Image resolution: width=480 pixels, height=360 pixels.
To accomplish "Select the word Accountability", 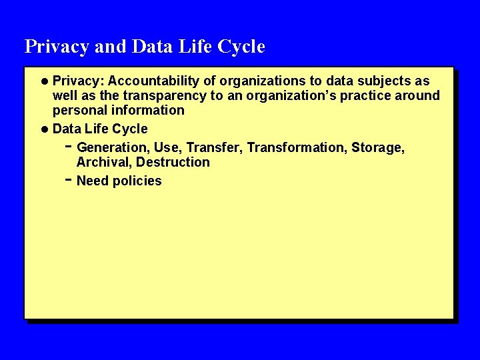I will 153,81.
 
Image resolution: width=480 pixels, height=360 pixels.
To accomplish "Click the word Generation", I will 113,147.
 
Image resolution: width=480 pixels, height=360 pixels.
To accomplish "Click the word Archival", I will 105,162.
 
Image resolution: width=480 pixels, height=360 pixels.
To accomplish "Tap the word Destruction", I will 173,162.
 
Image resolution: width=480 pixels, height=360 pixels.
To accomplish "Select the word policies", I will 138,181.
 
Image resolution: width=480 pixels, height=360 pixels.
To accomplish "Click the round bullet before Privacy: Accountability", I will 44,81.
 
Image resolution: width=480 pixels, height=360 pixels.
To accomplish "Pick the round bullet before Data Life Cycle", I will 44,129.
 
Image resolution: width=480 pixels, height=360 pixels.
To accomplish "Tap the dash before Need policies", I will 69,180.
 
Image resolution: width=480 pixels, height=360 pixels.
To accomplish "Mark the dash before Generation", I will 69,146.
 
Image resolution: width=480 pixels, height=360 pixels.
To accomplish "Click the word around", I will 419,95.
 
